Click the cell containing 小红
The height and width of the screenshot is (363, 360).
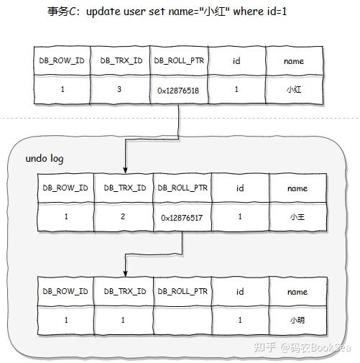[294, 91]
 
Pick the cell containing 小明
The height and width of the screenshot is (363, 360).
[297, 320]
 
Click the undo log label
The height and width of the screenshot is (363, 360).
[45, 157]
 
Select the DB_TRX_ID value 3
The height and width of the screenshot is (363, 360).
[122, 91]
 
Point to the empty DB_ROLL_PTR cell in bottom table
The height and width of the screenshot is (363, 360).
[183, 320]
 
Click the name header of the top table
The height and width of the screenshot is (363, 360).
[294, 61]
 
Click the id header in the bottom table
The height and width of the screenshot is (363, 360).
[240, 292]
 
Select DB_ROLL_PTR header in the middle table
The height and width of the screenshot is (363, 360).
[183, 188]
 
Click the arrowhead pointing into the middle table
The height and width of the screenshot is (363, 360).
[125, 170]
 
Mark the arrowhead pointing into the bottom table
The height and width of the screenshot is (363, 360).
[125, 273]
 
